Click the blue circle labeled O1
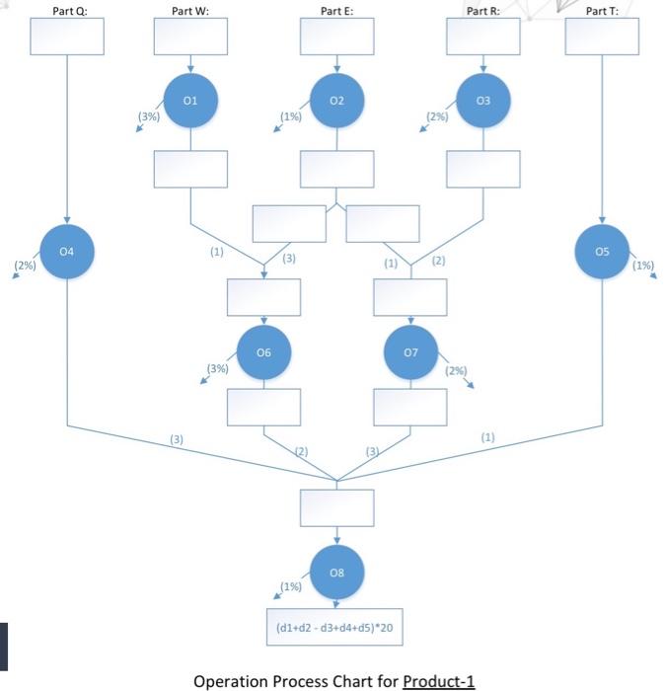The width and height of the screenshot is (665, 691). click(190, 101)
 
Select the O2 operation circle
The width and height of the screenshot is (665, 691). click(336, 101)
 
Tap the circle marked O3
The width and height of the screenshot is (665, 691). click(482, 101)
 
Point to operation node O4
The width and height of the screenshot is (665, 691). click(66, 252)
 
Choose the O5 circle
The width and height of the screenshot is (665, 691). click(602, 252)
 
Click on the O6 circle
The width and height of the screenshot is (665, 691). click(263, 351)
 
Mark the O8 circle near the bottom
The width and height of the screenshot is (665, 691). click(336, 570)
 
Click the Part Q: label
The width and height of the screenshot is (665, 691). click(66, 11)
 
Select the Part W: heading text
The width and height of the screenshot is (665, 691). click(189, 11)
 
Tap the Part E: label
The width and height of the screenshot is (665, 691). click(336, 11)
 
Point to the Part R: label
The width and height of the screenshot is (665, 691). click(482, 11)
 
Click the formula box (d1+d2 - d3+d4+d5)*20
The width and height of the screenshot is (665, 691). click(336, 627)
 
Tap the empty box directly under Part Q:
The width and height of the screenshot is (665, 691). click(66, 38)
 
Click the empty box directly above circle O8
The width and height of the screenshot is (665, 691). click(336, 508)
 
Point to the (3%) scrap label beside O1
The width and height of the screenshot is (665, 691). click(149, 116)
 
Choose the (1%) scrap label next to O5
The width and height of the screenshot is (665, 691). click(642, 265)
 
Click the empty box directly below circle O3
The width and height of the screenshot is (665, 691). click(482, 169)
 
